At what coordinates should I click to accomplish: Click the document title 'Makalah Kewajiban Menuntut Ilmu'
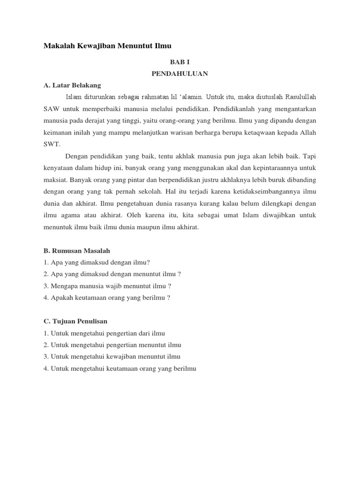click(x=107, y=45)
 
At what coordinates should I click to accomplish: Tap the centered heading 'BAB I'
click(x=180, y=61)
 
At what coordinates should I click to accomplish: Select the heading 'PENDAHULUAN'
click(x=180, y=74)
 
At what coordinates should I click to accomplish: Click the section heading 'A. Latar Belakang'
click(x=72, y=85)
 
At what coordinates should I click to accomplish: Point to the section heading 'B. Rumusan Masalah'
click(x=76, y=251)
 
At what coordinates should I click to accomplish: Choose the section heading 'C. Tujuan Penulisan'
click(x=75, y=321)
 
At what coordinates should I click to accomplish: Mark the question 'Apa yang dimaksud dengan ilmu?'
click(x=100, y=262)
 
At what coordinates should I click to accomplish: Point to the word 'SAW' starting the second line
click(x=51, y=109)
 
